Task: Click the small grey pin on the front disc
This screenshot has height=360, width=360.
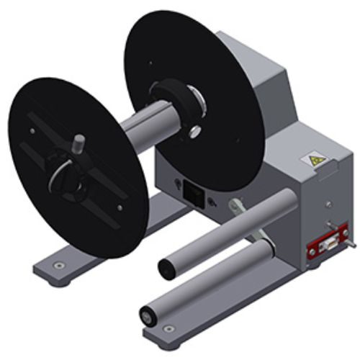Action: pos(79,140)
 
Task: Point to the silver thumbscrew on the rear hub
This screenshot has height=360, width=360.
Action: pos(194,130)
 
